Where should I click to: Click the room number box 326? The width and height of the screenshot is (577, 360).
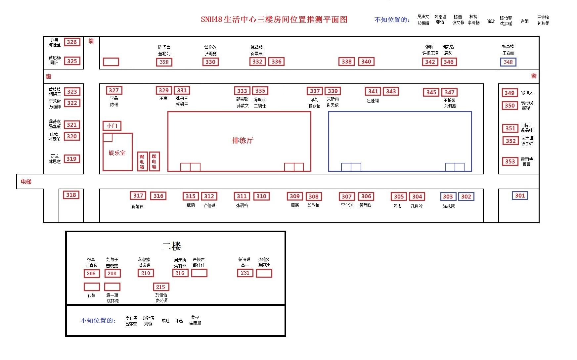72,42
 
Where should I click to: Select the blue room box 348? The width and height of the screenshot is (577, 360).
508,62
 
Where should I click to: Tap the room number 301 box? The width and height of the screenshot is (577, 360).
520,196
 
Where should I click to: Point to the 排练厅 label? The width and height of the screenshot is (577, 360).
243,141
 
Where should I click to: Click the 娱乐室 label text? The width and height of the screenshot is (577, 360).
117,153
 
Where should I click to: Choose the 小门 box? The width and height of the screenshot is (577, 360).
112,126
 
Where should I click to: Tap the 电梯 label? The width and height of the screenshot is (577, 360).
26,182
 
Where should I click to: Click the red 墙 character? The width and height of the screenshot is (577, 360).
91,41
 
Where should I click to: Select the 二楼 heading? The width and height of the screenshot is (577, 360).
171,246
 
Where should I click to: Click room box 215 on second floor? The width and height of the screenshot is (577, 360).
161,287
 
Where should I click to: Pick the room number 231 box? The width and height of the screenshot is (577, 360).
245,273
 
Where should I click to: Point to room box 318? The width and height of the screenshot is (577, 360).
71,195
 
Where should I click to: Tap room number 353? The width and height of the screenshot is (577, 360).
510,161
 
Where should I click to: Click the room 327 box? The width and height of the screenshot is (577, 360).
114,90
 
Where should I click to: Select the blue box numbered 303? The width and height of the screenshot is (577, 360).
448,197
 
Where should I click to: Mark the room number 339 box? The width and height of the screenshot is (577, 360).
333,91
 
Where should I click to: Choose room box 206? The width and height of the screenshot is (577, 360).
91,273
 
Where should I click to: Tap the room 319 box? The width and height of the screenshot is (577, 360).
71,159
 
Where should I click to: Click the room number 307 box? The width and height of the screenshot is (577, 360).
347,197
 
